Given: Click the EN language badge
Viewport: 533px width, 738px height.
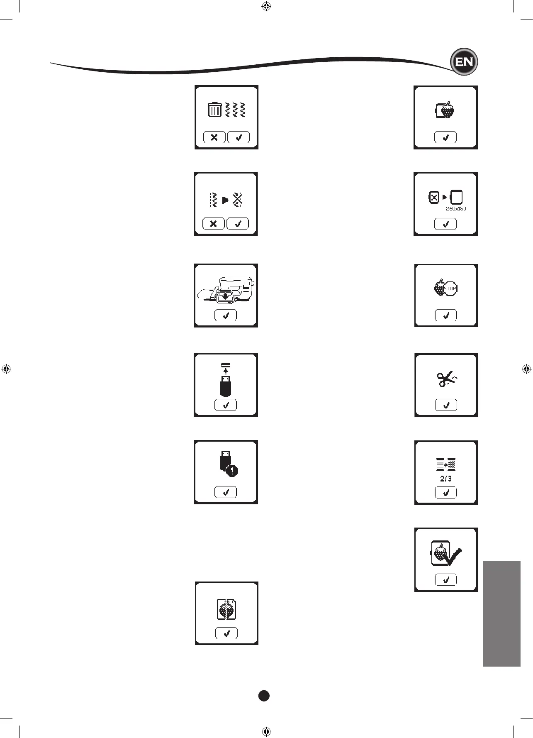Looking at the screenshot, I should pos(464,62).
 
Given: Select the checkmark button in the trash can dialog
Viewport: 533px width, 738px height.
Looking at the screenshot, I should pos(239,137).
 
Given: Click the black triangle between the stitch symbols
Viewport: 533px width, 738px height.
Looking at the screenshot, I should pos(225,200).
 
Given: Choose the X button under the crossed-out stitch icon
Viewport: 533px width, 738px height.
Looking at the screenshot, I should pos(213,224).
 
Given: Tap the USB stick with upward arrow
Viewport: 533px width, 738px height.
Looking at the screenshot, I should pos(226,380).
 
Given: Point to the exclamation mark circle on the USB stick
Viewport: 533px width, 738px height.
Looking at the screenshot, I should pos(232,471).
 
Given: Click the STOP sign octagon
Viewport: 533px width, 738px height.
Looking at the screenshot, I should pos(450,288).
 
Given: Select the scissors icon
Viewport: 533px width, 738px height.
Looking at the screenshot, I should pos(446,379).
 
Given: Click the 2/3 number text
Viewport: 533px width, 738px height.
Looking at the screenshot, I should pos(446,479).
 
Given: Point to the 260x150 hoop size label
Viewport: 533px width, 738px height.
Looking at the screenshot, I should pos(456,209).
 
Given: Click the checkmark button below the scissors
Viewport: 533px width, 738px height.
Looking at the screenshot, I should pos(446,405).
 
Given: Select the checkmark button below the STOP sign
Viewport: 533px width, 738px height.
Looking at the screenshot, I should pos(446,315).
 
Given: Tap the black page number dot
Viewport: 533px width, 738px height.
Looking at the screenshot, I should pos(264,696).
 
